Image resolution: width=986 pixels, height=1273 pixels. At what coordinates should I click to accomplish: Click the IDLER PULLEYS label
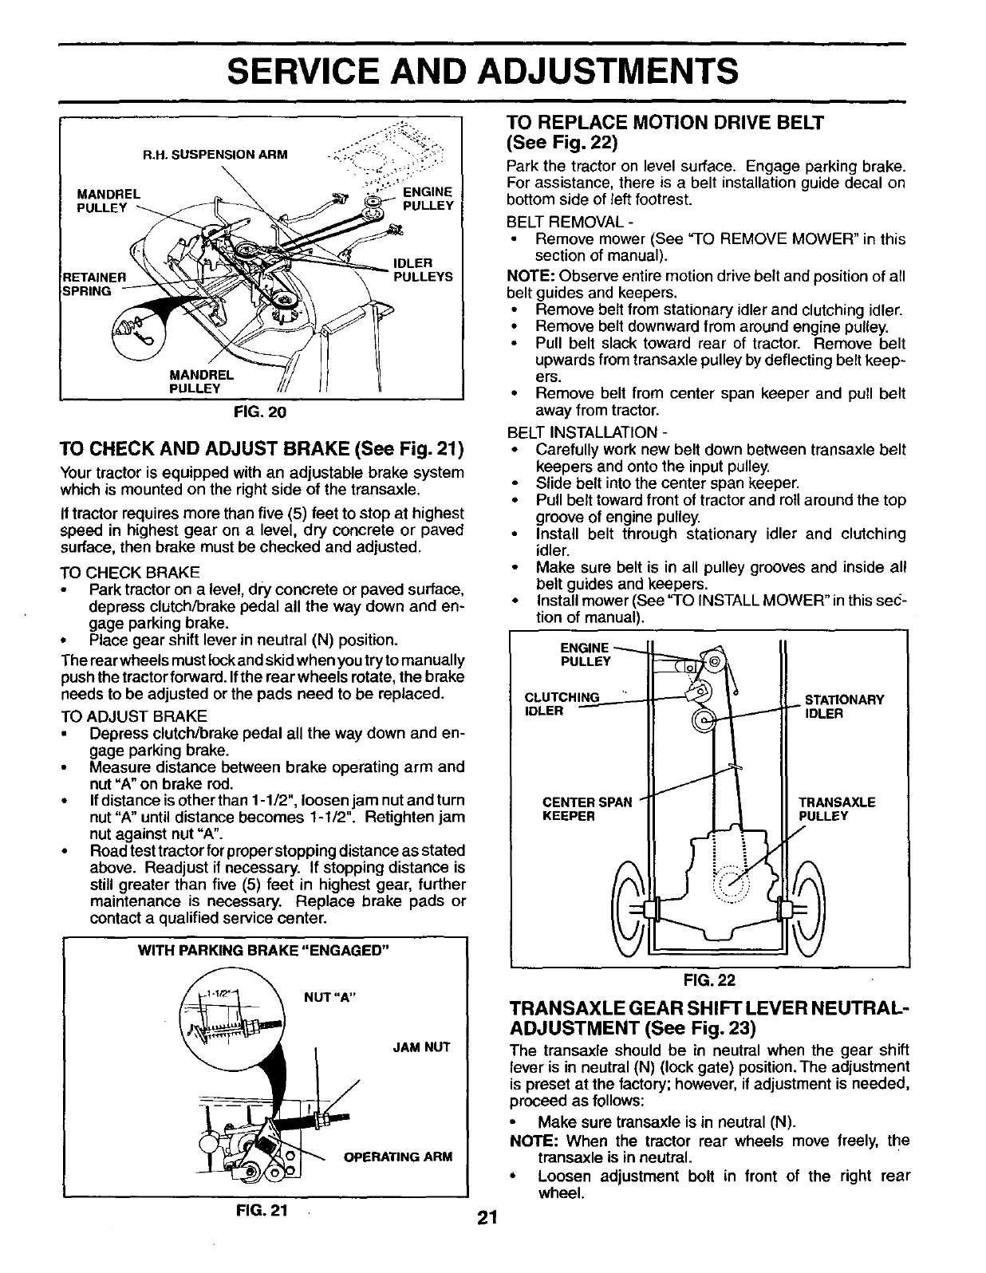pos(423,270)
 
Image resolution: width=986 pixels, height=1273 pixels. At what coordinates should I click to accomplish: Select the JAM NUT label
pos(422,1047)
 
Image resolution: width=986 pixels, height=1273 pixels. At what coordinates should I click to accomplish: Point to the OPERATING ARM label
pos(397,1157)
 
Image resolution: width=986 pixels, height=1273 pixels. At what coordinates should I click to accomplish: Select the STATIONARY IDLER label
pos(845,706)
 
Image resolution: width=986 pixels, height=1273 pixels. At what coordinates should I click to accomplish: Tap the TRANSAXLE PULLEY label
pos(837,809)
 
